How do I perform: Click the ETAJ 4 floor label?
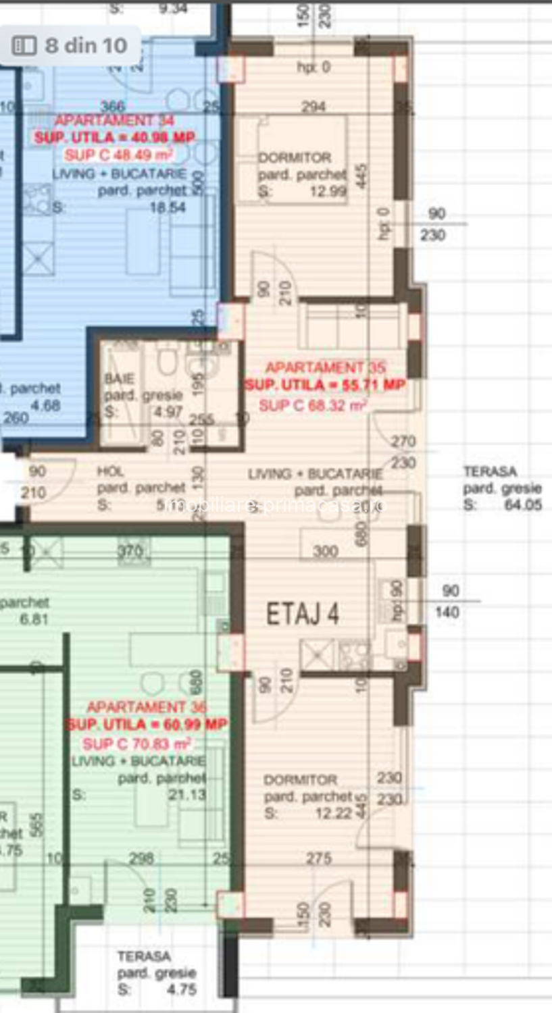click(302, 614)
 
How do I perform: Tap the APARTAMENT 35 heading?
click(325, 367)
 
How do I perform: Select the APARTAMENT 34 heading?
click(114, 120)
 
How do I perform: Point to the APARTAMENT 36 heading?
click(147, 707)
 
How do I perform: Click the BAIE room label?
click(120, 378)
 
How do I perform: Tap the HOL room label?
click(110, 471)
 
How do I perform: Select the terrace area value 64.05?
click(523, 504)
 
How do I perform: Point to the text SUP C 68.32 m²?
click(312, 405)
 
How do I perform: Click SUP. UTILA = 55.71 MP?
click(325, 385)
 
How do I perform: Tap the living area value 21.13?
click(187, 795)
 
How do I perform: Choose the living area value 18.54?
click(168, 207)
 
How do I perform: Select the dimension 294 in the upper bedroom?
click(313, 107)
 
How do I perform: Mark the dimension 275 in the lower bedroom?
click(318, 858)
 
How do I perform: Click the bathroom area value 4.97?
click(168, 412)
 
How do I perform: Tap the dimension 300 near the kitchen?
click(325, 551)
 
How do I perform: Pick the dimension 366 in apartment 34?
click(113, 106)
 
